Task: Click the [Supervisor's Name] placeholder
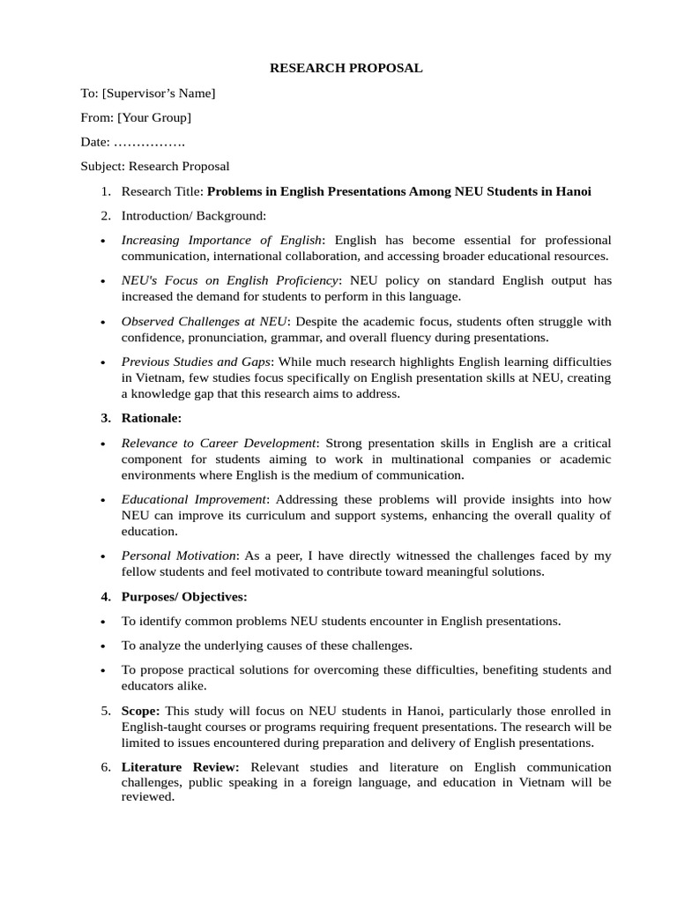click(x=159, y=93)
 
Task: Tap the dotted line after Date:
click(x=150, y=142)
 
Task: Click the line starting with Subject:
click(x=155, y=166)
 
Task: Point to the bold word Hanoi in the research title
click(x=573, y=191)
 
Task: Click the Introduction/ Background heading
click(x=193, y=215)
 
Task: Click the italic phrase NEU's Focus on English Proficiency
click(x=229, y=280)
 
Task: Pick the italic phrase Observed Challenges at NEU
click(x=204, y=321)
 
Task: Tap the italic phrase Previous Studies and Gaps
click(x=197, y=362)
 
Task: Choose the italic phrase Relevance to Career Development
click(x=218, y=443)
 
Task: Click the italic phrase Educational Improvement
click(x=193, y=499)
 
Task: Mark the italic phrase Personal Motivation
click(x=179, y=556)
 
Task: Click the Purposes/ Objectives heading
click(x=184, y=597)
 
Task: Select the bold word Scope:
click(x=141, y=711)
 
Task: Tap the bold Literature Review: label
click(x=180, y=767)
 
